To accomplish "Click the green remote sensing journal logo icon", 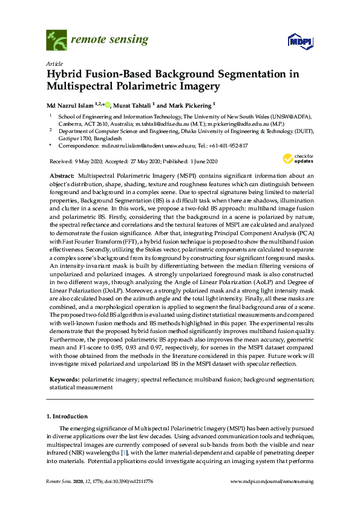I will (x=56, y=41).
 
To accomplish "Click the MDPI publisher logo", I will (x=299, y=41).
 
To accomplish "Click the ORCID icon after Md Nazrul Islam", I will (x=108, y=105).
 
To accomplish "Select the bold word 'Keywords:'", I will (x=64, y=378).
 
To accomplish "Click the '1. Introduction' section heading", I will (x=67, y=417).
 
